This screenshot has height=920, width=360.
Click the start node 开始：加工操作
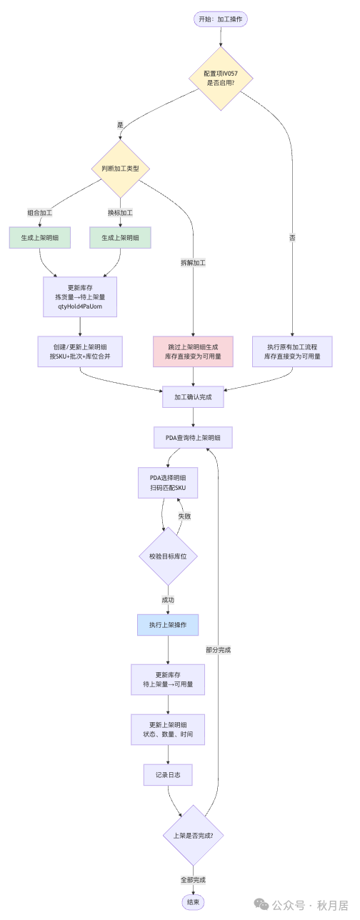[221, 19]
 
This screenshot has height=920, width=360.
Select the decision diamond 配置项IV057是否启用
[221, 78]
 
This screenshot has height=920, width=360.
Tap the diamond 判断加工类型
[120, 169]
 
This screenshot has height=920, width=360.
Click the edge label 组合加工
[40, 213]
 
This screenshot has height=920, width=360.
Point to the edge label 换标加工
[120, 213]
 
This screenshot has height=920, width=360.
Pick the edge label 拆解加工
[193, 263]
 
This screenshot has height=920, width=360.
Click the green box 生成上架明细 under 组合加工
[40, 238]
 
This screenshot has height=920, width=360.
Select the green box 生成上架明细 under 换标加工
[120, 238]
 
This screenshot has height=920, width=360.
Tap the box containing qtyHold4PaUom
[80, 296]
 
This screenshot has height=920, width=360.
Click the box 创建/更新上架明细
[80, 351]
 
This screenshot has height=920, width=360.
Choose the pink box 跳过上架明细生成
[193, 351]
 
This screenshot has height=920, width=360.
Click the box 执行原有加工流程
[292, 351]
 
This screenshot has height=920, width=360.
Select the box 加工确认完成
[193, 396]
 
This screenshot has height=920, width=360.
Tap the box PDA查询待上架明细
[193, 437]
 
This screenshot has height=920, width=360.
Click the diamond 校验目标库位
[168, 556]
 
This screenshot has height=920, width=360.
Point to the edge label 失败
[184, 516]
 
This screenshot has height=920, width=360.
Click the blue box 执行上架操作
[168, 625]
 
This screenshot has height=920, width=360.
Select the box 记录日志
[168, 774]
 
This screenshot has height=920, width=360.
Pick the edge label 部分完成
[218, 650]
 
